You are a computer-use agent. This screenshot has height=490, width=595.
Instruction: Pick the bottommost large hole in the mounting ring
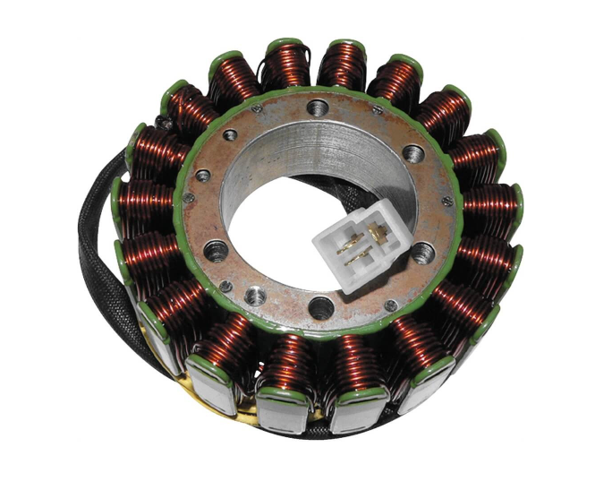(x=319, y=309)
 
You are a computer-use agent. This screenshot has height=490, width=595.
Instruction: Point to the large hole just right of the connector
(x=421, y=252)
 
